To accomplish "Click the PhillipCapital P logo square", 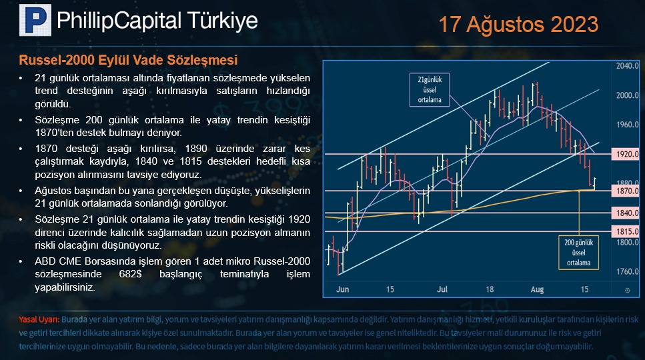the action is (35, 20).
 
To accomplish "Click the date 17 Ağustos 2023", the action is (519, 24).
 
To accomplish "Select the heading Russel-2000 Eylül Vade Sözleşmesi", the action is (128, 60).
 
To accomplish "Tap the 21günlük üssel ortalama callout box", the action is (430, 89).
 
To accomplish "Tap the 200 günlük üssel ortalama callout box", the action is (578, 252).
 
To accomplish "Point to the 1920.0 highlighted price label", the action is (626, 154).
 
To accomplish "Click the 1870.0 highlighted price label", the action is (626, 191).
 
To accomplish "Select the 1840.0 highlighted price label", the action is (626, 213).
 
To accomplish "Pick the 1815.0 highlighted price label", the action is (626, 231).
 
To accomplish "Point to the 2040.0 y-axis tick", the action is (627, 66).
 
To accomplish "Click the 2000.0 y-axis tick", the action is (627, 95).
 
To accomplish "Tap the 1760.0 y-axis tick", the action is (627, 271).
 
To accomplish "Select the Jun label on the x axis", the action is (342, 289).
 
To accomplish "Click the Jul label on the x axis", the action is (442, 289).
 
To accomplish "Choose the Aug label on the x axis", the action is (537, 289).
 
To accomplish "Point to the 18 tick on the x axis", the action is (490, 289).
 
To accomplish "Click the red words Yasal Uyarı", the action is (39, 320).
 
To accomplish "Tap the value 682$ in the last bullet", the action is (130, 274).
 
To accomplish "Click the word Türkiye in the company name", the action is (223, 21).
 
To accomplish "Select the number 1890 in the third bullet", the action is (197, 149).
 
